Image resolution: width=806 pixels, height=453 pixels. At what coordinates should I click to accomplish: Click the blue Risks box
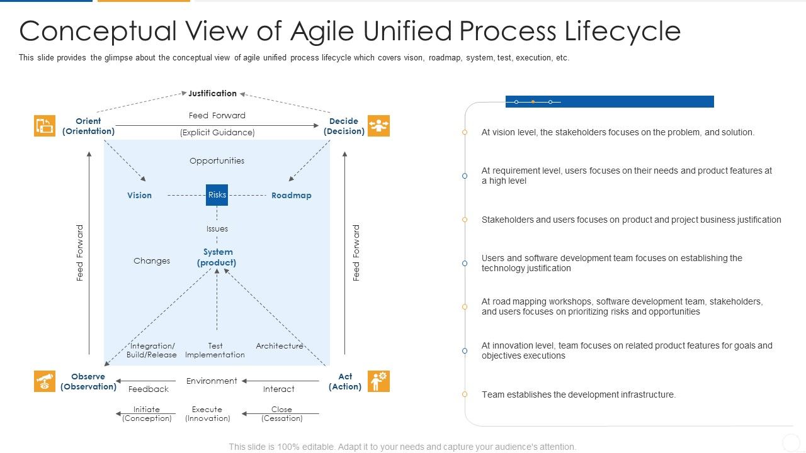(217, 195)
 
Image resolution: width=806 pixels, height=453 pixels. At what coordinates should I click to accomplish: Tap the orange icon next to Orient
(45, 126)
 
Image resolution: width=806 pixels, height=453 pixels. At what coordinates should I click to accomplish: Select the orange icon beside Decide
(378, 126)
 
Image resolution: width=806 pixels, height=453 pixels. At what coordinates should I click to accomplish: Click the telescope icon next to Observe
(45, 381)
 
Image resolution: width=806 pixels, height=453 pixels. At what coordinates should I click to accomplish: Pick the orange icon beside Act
(378, 381)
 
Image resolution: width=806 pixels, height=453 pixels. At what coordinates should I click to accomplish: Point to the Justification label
(212, 93)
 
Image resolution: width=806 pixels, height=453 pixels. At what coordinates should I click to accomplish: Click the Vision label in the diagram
(139, 195)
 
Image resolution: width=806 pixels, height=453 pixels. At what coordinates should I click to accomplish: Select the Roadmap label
(291, 195)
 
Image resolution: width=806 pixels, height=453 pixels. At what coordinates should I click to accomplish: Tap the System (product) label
(217, 257)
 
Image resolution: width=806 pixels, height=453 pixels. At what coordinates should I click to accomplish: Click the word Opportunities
(217, 160)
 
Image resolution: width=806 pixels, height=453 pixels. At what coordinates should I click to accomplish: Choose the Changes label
(152, 260)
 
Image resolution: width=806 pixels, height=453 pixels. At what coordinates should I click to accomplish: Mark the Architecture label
(280, 345)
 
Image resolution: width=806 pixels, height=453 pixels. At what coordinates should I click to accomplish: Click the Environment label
(212, 381)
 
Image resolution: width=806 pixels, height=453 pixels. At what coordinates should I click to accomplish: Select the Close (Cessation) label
(281, 413)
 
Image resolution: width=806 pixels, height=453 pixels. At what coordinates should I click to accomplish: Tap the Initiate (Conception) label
(147, 413)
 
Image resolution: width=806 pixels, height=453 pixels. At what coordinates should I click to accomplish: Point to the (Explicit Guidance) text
(217, 132)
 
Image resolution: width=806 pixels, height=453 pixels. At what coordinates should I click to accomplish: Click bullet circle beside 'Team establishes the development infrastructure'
(465, 394)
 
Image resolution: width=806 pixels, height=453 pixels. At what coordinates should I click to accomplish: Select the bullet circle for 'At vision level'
(465, 132)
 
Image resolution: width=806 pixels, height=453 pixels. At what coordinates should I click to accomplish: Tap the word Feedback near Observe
(149, 389)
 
